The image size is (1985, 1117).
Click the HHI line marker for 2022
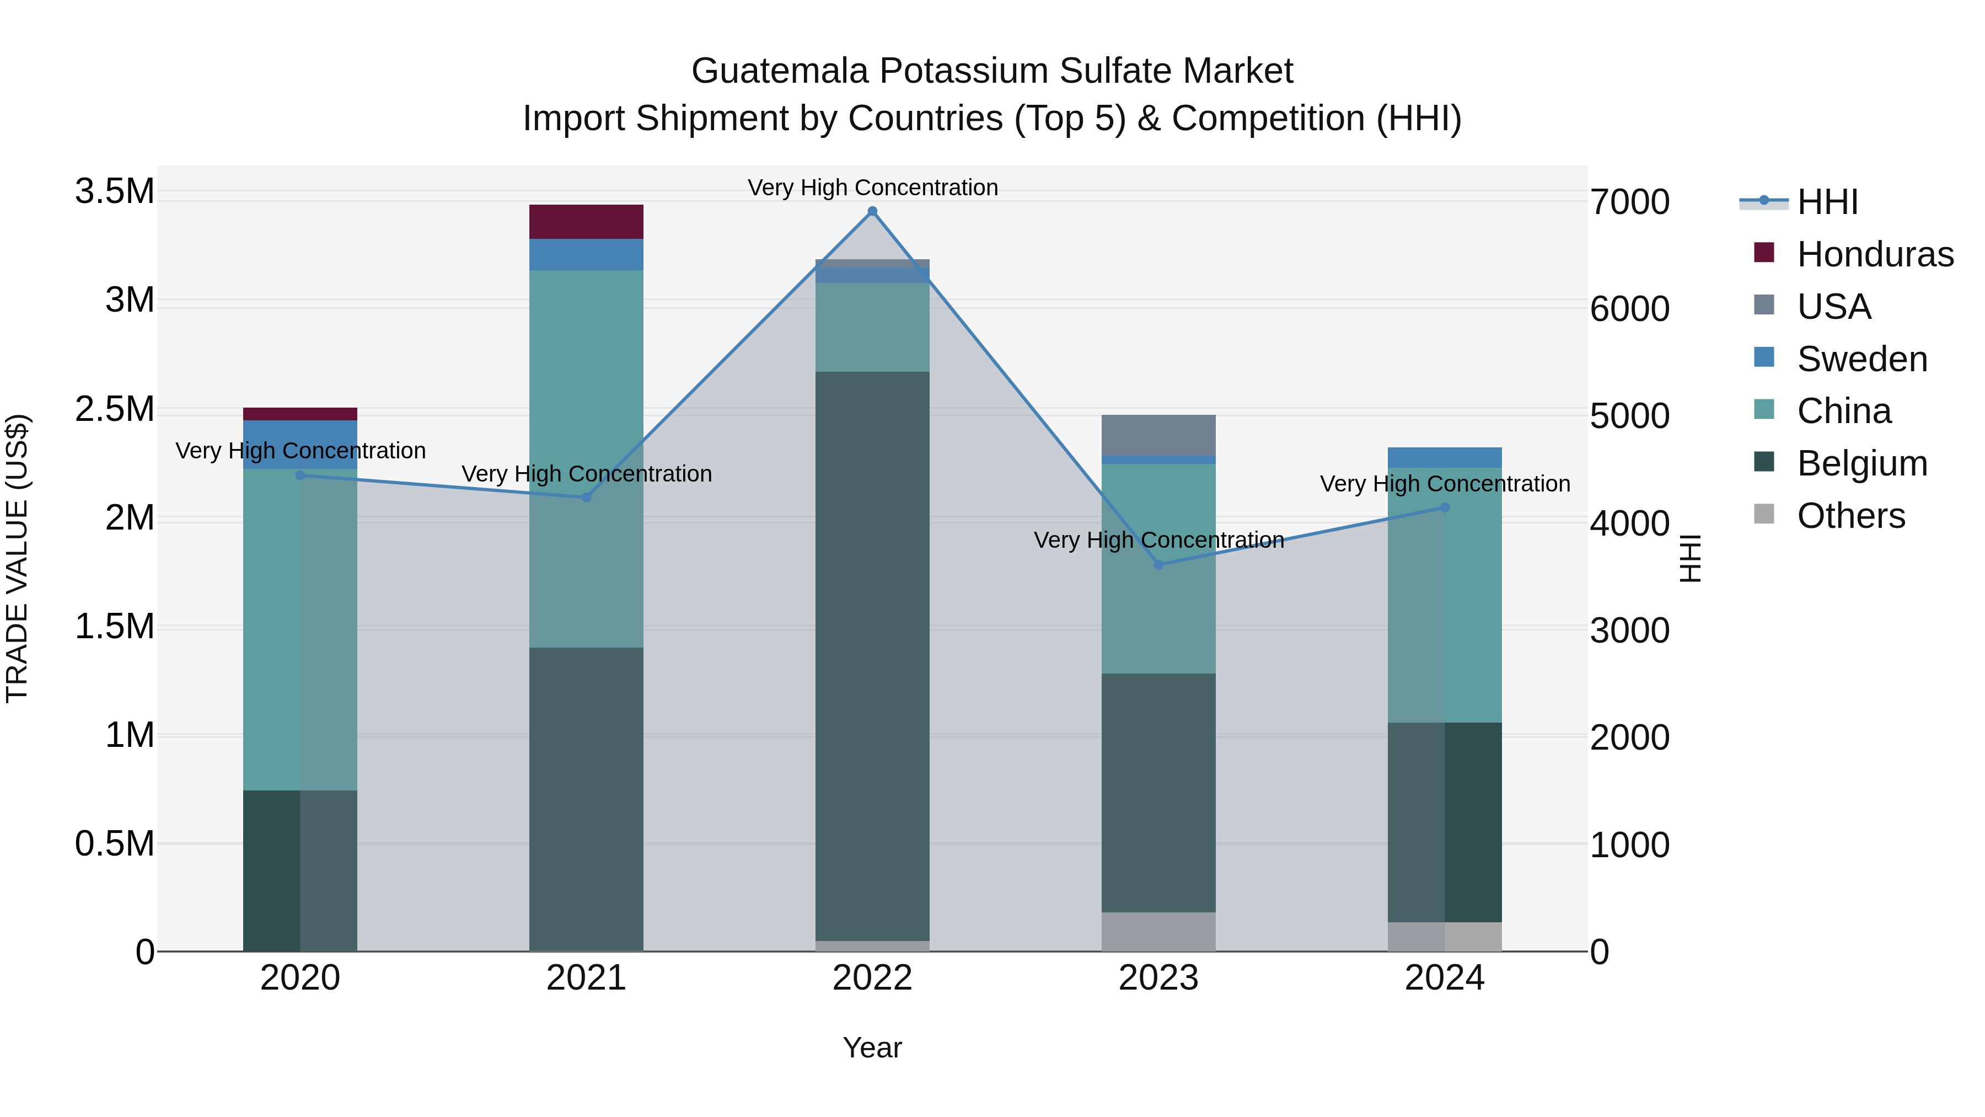(872, 211)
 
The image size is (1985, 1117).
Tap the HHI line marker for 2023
(1158, 564)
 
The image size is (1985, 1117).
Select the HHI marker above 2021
(586, 497)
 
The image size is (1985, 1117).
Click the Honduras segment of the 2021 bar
(586, 222)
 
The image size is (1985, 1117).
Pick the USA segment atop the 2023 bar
(1158, 435)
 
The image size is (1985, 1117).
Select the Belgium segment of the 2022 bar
(872, 655)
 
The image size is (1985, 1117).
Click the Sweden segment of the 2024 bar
(1444, 457)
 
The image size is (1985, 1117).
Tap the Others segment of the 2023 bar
(1158, 931)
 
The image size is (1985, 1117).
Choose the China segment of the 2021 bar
(586, 459)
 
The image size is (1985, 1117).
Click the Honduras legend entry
(1874, 254)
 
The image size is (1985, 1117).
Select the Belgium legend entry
(1861, 463)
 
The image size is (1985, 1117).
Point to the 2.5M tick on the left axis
(114, 409)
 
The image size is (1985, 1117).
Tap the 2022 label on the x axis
(872, 978)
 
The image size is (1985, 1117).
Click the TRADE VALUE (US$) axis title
(17, 558)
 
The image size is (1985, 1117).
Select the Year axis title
(872, 1047)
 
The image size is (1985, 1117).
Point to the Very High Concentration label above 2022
(872, 188)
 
